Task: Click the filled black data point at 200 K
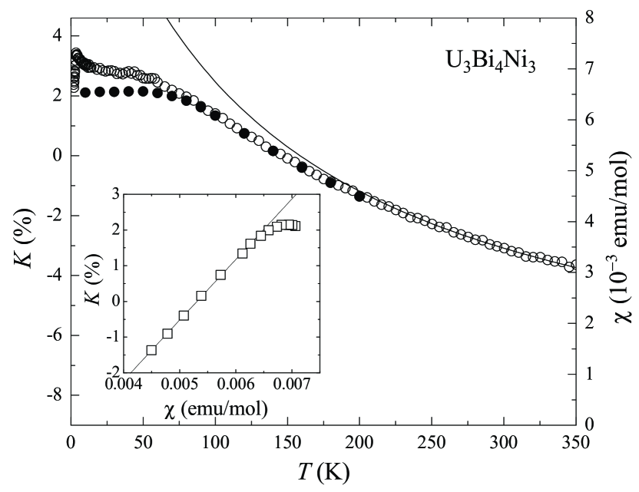pyautogui.click(x=359, y=196)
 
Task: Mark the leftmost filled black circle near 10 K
pyautogui.click(x=85, y=92)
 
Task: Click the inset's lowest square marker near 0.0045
pyautogui.click(x=151, y=350)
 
